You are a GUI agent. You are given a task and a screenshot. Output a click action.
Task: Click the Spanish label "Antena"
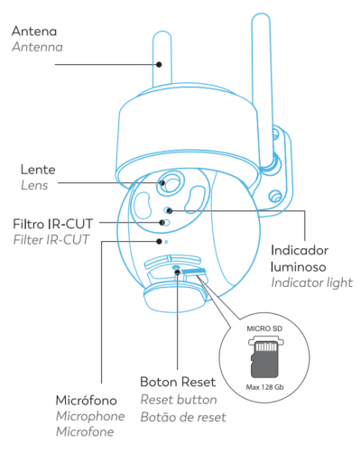coord(34,32)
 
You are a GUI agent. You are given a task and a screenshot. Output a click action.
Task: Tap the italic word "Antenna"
coord(37,47)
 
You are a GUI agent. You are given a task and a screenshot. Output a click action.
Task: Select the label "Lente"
coord(38,170)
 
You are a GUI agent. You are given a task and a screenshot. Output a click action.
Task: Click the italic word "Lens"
coord(34,185)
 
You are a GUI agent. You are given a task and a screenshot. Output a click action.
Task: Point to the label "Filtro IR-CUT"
coord(52,224)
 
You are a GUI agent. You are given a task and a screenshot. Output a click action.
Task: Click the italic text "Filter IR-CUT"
coord(51,240)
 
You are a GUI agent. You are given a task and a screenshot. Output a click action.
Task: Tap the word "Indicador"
coord(300,250)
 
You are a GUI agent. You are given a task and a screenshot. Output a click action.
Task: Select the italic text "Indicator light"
coord(312,282)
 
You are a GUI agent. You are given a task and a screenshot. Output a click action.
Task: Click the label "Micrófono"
coord(87,401)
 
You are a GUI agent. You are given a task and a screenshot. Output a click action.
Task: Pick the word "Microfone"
coord(85,431)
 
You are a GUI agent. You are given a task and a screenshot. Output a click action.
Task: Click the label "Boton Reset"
coord(178,382)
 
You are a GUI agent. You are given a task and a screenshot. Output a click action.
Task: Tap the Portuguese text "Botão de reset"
coord(183,417)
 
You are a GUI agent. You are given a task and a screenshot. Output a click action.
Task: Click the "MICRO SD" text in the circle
coord(264,328)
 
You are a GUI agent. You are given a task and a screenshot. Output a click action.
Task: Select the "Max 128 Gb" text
coord(264,387)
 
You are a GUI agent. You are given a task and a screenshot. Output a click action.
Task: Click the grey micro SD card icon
coord(264,359)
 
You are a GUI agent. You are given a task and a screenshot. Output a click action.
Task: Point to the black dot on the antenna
coord(159,64)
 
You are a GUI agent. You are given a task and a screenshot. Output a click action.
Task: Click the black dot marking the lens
coord(162,182)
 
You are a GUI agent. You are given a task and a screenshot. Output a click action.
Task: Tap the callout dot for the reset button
coord(178,272)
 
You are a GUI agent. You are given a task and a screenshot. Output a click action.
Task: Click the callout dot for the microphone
coord(159,241)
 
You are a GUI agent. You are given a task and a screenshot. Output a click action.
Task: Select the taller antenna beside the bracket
coord(263,90)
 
